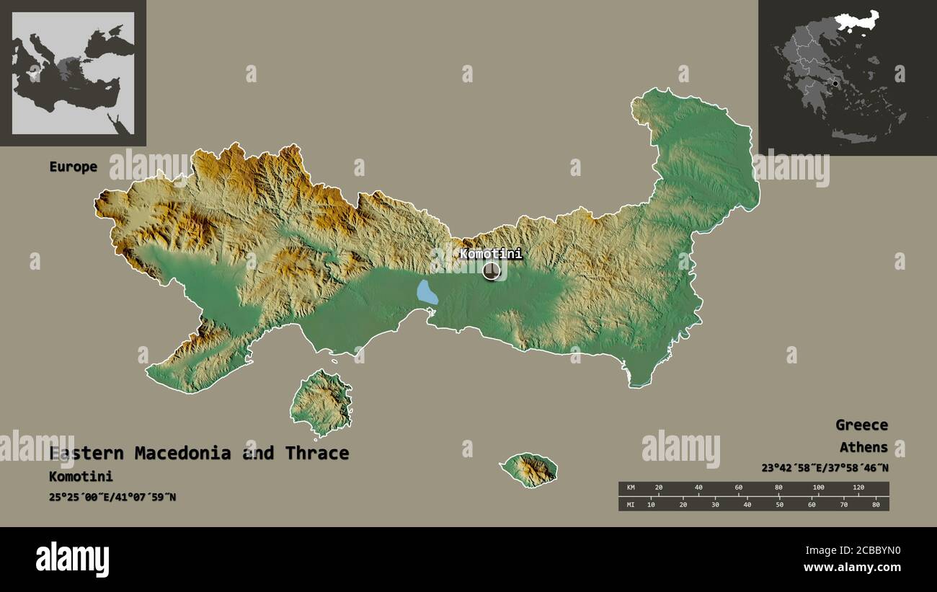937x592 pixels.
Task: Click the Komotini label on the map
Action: (x=491, y=254)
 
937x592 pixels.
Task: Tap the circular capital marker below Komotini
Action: (x=492, y=271)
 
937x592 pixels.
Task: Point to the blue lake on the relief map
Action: (x=427, y=292)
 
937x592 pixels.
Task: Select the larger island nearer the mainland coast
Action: (x=321, y=402)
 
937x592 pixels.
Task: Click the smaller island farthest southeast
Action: (x=530, y=469)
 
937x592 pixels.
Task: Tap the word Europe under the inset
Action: (x=73, y=167)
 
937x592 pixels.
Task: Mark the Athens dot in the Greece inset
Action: (x=835, y=84)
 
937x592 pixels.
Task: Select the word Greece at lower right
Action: (x=861, y=425)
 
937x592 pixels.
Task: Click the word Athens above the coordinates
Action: (x=863, y=447)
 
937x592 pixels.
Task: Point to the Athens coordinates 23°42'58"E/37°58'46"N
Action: (x=825, y=467)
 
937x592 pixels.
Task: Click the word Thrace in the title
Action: (x=316, y=453)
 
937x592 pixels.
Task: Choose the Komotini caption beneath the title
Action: (x=81, y=476)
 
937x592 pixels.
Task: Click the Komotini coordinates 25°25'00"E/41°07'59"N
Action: (x=112, y=496)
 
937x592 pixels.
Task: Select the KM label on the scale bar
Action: (x=631, y=488)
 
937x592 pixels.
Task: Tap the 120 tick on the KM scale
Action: (x=858, y=488)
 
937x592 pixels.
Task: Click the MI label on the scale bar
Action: (x=631, y=503)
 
